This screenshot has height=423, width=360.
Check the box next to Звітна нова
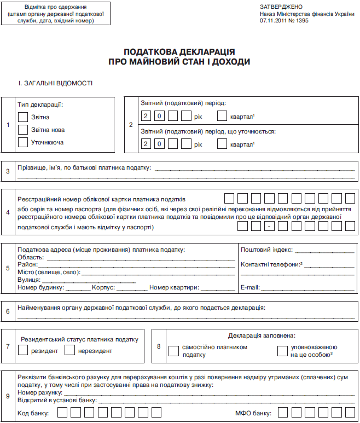(x=23, y=130)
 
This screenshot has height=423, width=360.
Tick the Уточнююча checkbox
(x=23, y=142)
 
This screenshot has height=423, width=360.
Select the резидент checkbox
(x=23, y=350)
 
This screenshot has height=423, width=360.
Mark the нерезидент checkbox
(x=69, y=350)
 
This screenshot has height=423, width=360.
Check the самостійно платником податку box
(x=174, y=351)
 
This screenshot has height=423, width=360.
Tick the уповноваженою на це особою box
(x=282, y=351)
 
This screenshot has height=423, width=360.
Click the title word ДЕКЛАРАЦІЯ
(x=209, y=52)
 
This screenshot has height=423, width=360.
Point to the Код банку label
(x=33, y=413)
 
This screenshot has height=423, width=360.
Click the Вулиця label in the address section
(x=29, y=280)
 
